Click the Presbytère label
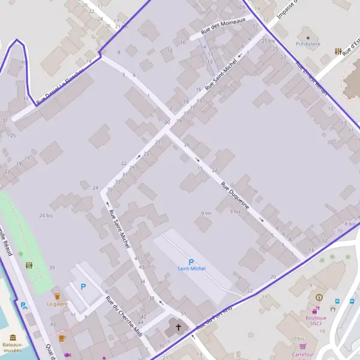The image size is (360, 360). pos(308,44)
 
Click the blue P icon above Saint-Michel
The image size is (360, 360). pos(191,262)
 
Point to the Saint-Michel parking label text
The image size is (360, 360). pos(191,269)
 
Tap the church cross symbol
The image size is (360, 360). pos(178,328)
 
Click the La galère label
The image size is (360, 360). pos(58,304)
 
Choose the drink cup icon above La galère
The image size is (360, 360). pos(57,296)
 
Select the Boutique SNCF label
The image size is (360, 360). pos(316,320)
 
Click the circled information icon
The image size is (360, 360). pos(319,297)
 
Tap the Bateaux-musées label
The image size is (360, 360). pos(12,347)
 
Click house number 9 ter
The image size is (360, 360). pos(206,213)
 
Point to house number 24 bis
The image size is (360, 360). pos(46,215)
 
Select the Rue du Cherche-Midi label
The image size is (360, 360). pos(122,315)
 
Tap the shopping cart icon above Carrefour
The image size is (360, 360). pos(303,346)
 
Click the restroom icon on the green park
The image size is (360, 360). pos(29,265)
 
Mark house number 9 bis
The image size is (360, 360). pos(235,211)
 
